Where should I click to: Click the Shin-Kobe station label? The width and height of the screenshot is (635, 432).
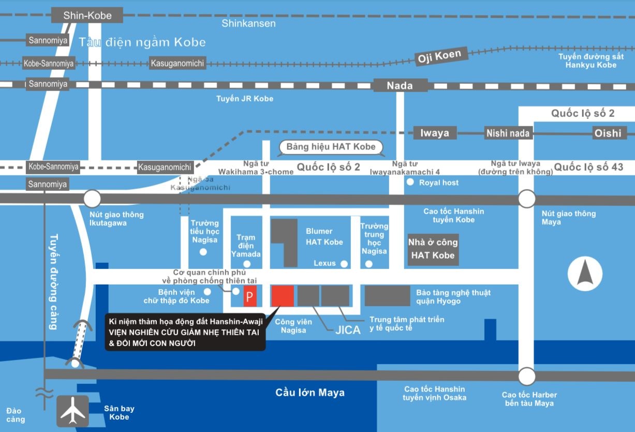click(x=87, y=16)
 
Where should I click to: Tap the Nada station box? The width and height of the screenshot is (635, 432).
click(x=400, y=86)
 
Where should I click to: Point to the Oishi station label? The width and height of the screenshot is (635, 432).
click(x=608, y=133)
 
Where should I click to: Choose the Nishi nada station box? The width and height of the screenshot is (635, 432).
click(x=508, y=133)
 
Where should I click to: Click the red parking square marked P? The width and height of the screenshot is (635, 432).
click(x=250, y=297)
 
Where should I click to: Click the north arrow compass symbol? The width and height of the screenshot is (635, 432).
click(x=585, y=274)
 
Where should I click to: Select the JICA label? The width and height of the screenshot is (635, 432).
click(x=348, y=330)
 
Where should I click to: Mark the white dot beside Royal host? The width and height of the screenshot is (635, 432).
click(x=410, y=182)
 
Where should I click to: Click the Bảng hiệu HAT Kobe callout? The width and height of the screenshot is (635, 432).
click(x=331, y=147)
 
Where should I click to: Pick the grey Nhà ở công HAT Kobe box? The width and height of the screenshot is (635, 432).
click(x=433, y=249)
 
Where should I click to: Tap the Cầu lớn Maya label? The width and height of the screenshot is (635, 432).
click(x=310, y=393)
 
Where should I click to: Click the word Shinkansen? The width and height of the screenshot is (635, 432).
click(x=248, y=23)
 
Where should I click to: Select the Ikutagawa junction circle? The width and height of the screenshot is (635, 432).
click(x=92, y=199)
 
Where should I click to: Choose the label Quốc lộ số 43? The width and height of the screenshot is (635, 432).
click(x=589, y=167)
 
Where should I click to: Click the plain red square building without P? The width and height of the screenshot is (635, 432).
click(x=283, y=295)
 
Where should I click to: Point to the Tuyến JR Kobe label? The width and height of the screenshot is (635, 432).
click(x=245, y=98)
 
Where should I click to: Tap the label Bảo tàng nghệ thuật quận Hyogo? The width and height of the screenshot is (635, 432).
click(x=453, y=297)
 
